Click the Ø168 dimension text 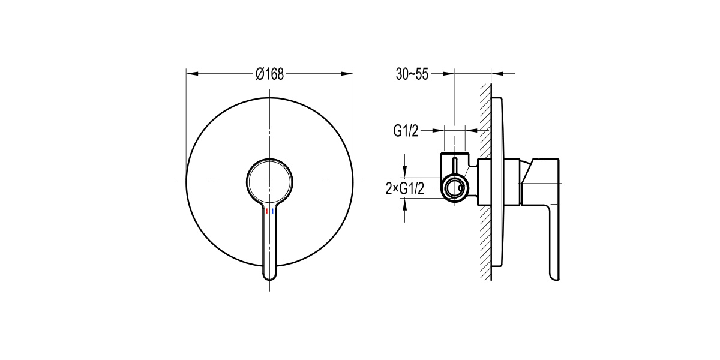point(269,74)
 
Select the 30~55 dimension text point(412,74)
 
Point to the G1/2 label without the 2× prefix point(406,130)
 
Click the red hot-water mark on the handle point(266,212)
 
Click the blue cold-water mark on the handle point(273,212)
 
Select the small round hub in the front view point(269,181)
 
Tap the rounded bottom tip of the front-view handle point(270,275)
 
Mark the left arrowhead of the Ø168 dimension point(191,74)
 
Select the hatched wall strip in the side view point(484,180)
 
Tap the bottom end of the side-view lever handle point(555,273)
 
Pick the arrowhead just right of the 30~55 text point(448,74)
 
